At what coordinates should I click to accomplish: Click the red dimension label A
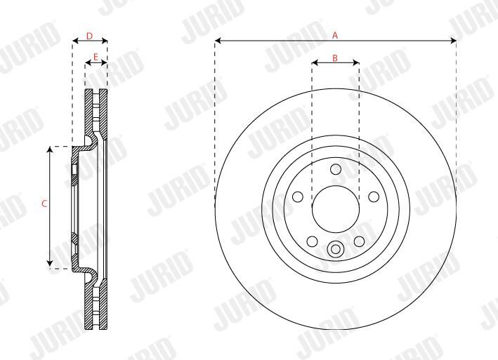click(335, 35)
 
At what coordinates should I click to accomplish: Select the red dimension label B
click(335, 58)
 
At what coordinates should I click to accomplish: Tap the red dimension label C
click(44, 204)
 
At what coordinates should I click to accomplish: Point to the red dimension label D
click(89, 36)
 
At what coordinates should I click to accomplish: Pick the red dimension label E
click(96, 57)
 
